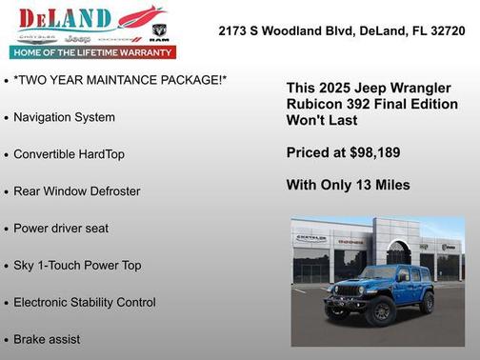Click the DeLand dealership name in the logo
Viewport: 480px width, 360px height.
point(65,18)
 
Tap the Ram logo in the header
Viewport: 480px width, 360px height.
point(159,35)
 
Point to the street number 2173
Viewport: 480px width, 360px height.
point(234,30)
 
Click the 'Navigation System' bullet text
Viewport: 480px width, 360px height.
point(64,117)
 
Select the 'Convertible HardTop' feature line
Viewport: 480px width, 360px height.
point(69,154)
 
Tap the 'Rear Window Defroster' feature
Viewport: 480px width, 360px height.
point(76,191)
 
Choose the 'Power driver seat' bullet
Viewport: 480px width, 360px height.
point(61,229)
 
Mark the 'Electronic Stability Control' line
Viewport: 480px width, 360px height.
point(84,303)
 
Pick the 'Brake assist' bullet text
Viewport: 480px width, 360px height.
point(47,339)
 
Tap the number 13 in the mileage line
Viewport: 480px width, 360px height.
point(362,185)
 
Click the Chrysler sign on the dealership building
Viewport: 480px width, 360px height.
point(311,237)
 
